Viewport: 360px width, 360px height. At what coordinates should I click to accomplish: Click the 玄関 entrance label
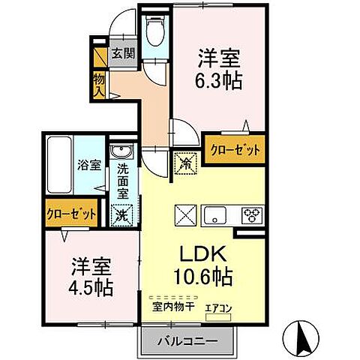[x=123, y=53]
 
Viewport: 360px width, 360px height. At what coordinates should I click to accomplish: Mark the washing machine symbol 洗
[x=121, y=214]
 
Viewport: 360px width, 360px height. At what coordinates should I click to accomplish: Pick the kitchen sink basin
[x=217, y=215]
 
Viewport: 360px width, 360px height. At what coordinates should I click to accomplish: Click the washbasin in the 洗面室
[x=122, y=154]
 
